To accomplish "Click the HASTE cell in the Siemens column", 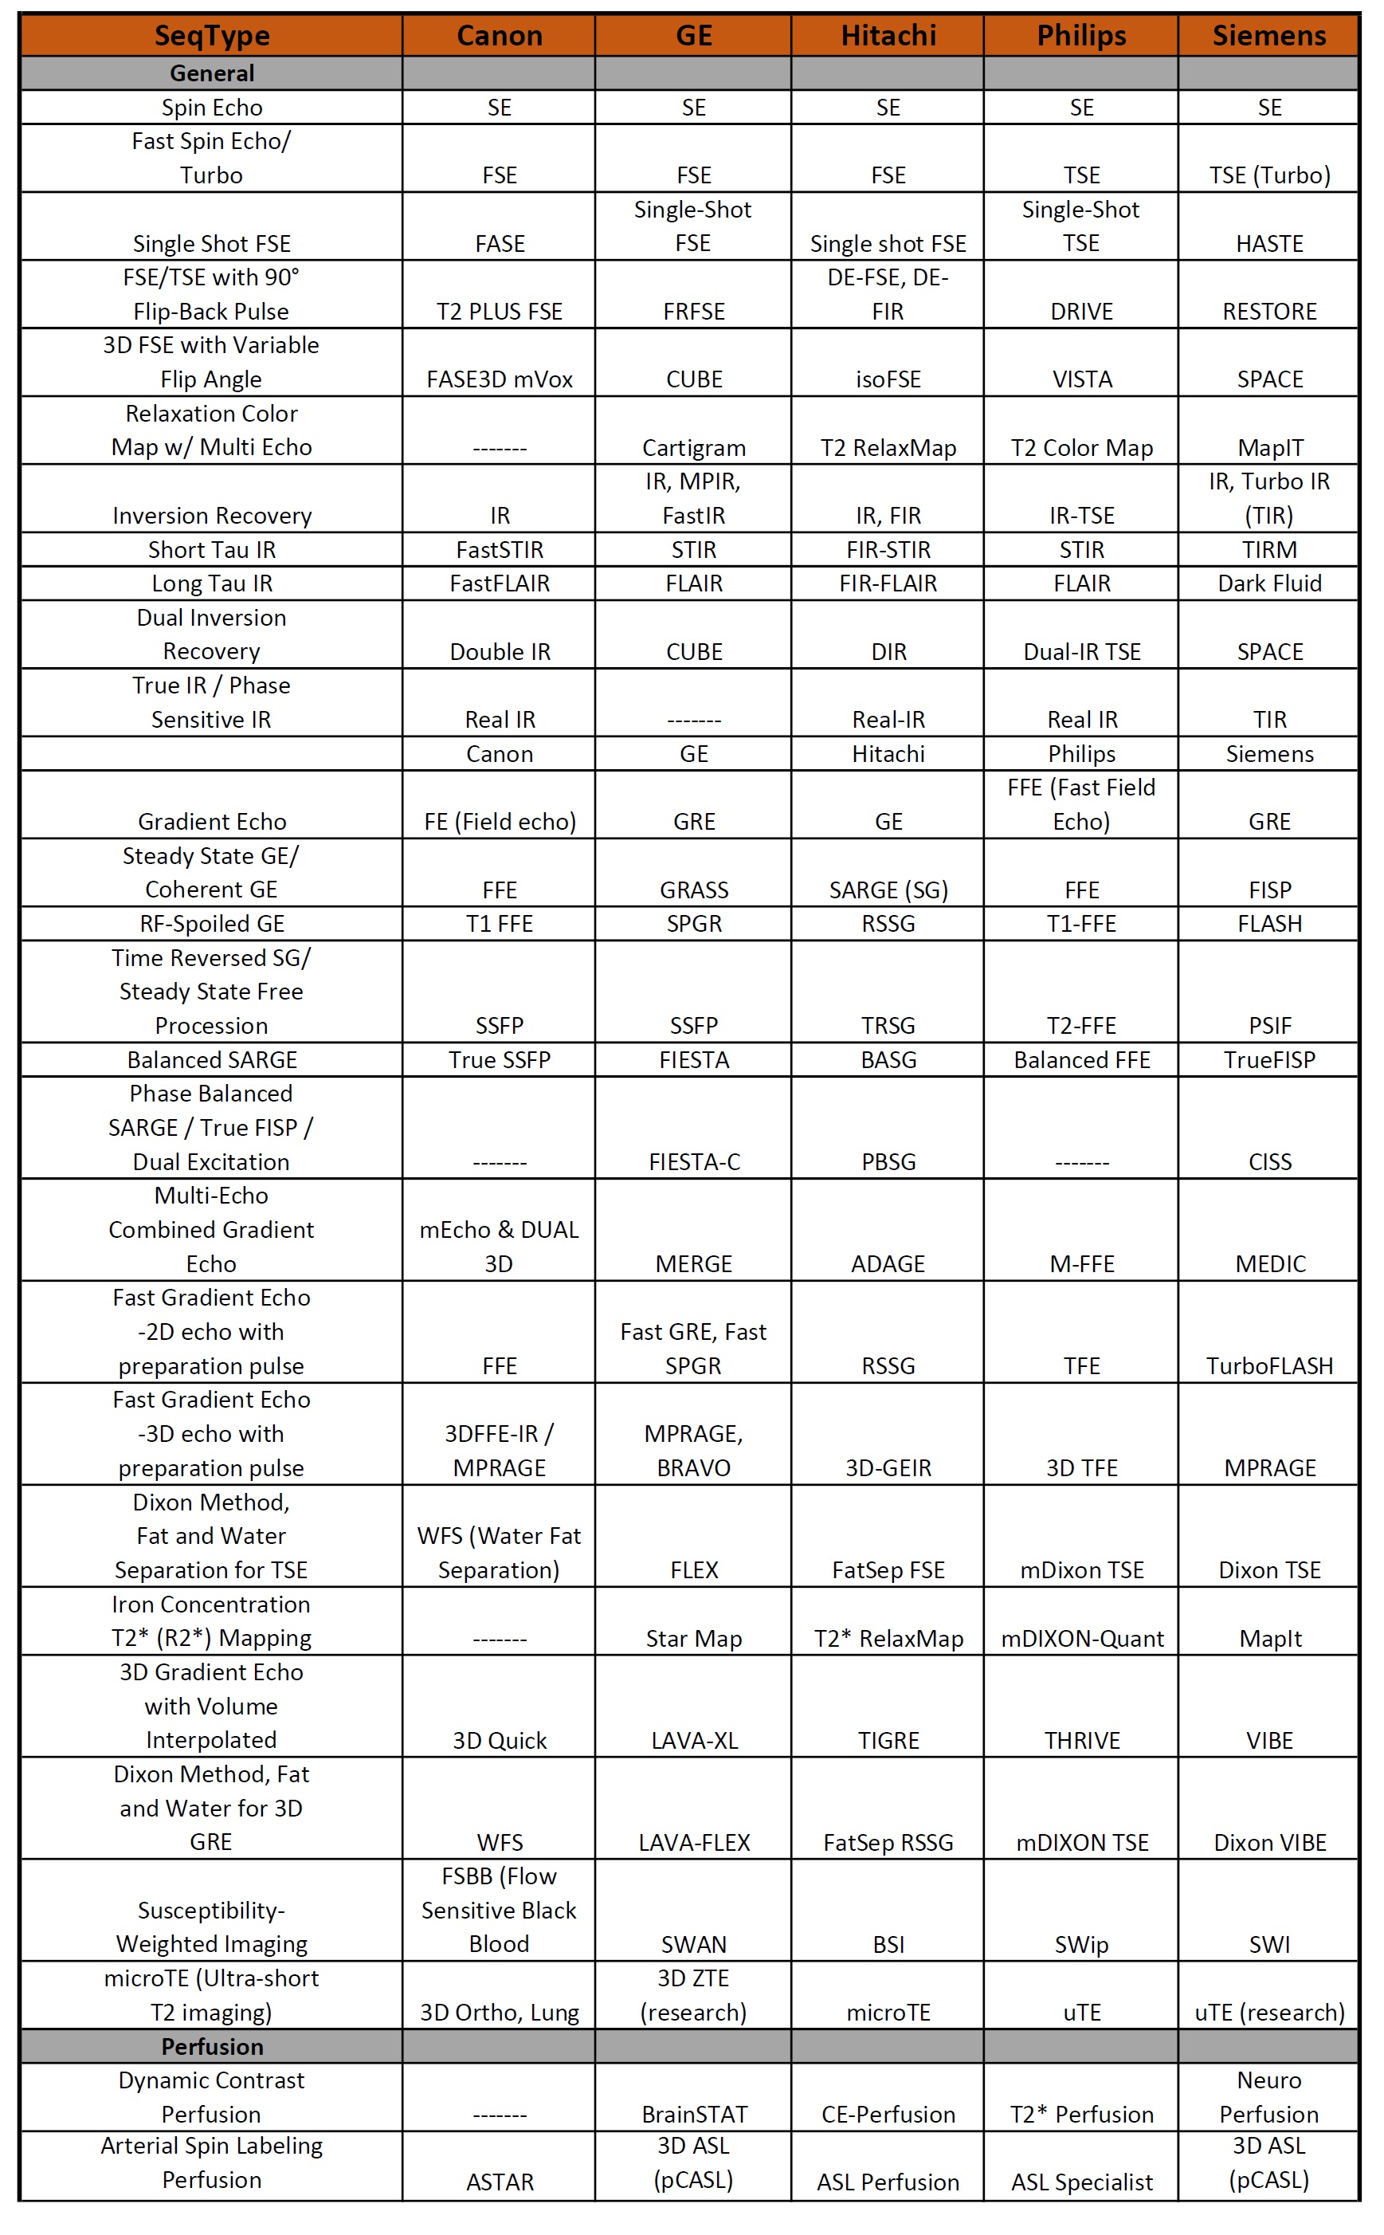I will (1268, 244).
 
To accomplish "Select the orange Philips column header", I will (1081, 36).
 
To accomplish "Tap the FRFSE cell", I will (694, 312).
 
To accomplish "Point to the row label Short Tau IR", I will (211, 549).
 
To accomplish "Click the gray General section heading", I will (211, 73).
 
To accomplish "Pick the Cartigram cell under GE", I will (694, 448).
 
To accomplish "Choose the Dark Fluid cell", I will (1268, 583).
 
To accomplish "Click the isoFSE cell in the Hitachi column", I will (888, 379).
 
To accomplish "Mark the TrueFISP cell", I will (1268, 1059).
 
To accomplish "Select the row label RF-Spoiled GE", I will (211, 924).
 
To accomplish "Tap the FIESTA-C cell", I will (694, 1162).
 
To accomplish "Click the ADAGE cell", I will (888, 1263).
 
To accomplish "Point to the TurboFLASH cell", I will (1268, 1366).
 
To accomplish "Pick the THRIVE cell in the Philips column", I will (1082, 1740).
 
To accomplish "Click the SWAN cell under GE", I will (694, 1944).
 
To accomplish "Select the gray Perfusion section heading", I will (211, 2046).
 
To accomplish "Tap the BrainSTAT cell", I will (694, 2114).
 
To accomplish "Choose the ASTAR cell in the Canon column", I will (500, 2182).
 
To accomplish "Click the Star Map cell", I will (694, 1638).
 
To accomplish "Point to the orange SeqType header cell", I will (211, 36).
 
